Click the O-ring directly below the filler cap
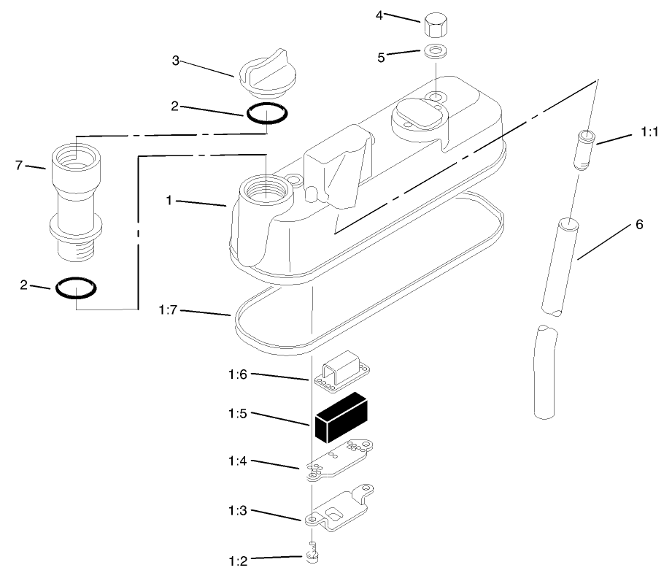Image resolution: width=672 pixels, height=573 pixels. [266, 114]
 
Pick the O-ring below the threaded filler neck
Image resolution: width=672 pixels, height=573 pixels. [75, 288]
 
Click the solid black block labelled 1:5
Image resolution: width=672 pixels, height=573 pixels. [341, 418]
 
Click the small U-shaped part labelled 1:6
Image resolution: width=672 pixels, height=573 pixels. [343, 371]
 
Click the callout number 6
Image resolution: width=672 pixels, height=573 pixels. [639, 224]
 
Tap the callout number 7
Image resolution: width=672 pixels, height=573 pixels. [20, 166]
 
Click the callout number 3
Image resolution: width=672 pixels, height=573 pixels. [175, 61]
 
